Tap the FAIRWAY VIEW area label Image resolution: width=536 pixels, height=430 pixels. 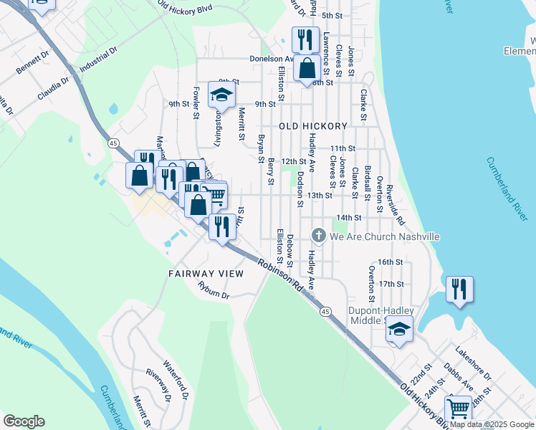[206, 274]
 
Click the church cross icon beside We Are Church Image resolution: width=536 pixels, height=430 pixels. [319, 235]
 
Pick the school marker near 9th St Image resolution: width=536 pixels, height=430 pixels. [221, 95]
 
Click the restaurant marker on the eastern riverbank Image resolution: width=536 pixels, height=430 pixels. [459, 290]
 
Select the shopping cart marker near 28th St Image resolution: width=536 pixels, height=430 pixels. [458, 409]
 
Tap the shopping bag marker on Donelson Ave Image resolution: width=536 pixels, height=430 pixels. [307, 69]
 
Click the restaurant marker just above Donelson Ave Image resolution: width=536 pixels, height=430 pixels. [306, 39]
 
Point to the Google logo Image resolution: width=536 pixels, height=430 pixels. [24, 421]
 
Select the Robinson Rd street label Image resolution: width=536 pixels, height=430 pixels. [282, 274]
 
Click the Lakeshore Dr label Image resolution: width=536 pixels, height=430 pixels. [473, 363]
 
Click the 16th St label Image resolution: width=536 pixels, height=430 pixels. [391, 263]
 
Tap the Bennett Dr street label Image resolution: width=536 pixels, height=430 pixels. [32, 62]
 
